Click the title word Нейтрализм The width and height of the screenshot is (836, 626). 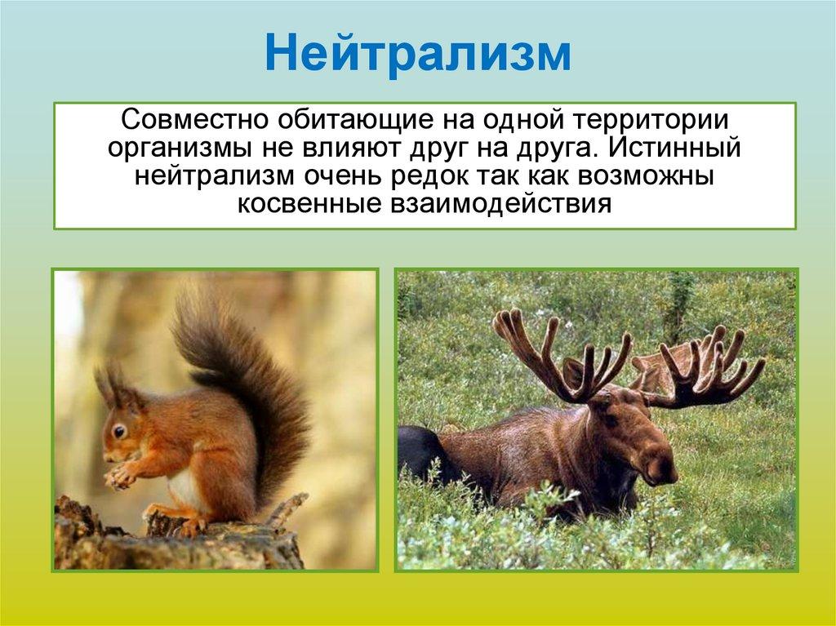(x=418, y=53)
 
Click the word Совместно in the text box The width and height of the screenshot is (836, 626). (x=194, y=119)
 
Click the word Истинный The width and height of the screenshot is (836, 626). (x=674, y=147)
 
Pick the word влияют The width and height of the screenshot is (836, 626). (x=351, y=148)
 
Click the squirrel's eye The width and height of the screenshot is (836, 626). (x=119, y=431)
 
